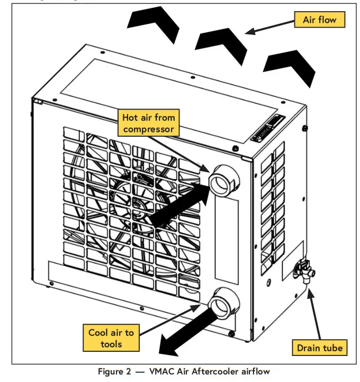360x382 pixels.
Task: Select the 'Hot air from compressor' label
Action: pos(148,122)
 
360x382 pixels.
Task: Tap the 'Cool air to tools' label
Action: pos(112,338)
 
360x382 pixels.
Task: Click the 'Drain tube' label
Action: pos(319,348)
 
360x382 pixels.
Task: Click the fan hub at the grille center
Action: pos(138,203)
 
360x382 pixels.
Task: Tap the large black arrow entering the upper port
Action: pos(180,204)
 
